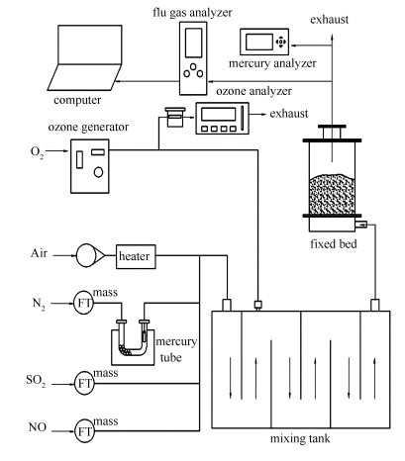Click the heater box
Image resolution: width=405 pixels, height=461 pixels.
pyautogui.click(x=136, y=256)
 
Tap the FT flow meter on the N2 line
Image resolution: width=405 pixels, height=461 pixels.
pyautogui.click(x=83, y=303)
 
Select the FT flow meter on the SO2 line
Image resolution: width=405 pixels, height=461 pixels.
pyautogui.click(x=84, y=383)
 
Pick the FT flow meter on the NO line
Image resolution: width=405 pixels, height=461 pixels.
pyautogui.click(x=84, y=430)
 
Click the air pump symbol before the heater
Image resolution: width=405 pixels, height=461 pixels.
pyautogui.click(x=90, y=255)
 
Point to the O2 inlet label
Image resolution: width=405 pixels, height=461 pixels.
pyautogui.click(x=37, y=152)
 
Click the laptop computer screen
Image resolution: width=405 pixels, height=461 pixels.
pyautogui.click(x=90, y=45)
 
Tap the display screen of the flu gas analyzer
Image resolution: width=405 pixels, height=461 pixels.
pyautogui.click(x=193, y=43)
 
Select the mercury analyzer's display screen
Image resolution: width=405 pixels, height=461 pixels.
pyautogui.click(x=259, y=42)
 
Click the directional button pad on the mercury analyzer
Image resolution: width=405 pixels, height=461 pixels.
pyautogui.click(x=281, y=42)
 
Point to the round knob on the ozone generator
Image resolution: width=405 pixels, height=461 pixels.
pyautogui.click(x=98, y=172)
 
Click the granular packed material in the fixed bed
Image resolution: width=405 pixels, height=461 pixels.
pyautogui.click(x=332, y=194)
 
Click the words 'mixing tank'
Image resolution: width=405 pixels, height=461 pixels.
pyautogui.click(x=300, y=439)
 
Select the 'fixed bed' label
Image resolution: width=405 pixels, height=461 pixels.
pyautogui.click(x=334, y=243)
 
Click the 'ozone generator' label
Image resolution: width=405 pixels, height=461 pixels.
pyautogui.click(x=88, y=128)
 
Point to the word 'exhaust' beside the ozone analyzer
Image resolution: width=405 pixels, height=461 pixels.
pyautogui.click(x=289, y=114)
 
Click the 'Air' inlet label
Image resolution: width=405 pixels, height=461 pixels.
pyautogui.click(x=39, y=253)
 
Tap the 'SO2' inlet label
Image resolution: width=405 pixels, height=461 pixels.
pyautogui.click(x=36, y=381)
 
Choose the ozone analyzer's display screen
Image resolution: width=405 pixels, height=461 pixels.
pyautogui.click(x=218, y=115)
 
